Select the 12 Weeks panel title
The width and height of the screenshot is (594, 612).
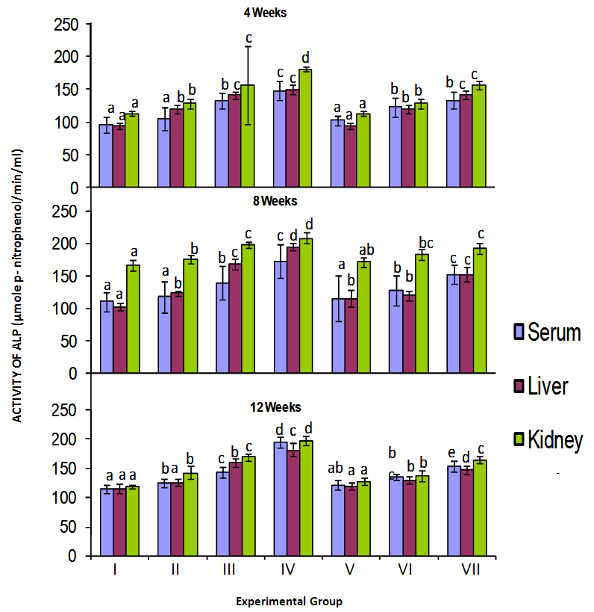(x=275, y=407)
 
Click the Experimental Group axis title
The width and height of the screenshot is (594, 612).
(x=289, y=601)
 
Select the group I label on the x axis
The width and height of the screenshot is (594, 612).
(x=114, y=570)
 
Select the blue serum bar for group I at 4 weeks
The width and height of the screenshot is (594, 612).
(x=106, y=156)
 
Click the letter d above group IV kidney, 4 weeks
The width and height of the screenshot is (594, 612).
(x=305, y=57)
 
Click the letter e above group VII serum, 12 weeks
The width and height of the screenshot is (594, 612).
(x=452, y=452)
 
